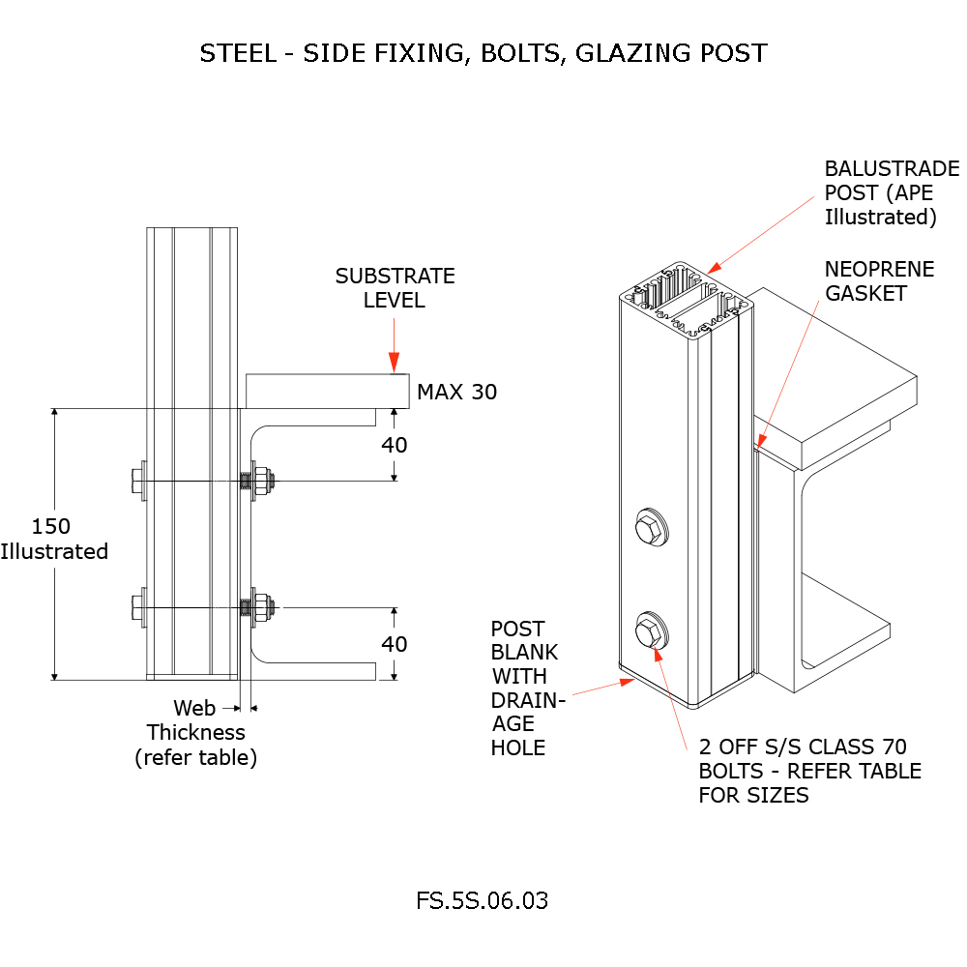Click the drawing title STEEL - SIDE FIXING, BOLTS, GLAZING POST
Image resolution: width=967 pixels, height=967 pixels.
coord(483,52)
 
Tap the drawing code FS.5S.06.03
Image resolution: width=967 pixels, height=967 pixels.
coord(482,900)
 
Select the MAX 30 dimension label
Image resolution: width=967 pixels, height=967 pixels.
coord(456,393)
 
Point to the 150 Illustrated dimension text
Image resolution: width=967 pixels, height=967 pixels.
coord(53,539)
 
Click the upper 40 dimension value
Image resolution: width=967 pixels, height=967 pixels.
coord(395,445)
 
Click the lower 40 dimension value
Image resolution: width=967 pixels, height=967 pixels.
coord(395,643)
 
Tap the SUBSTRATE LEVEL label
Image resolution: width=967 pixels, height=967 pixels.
coord(395,288)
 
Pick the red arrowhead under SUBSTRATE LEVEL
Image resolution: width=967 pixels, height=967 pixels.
coord(395,364)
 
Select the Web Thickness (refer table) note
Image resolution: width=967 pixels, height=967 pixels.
coord(195,733)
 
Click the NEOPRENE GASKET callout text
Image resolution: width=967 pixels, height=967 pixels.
coord(879,280)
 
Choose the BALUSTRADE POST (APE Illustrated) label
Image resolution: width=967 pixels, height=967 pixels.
coord(891,192)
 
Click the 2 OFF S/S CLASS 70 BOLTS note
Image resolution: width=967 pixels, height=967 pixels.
coord(809,771)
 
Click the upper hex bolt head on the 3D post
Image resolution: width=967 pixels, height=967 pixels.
coord(651,529)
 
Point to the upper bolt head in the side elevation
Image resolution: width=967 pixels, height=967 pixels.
coord(135,480)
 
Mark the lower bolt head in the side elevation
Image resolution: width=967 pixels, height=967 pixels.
coord(135,608)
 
